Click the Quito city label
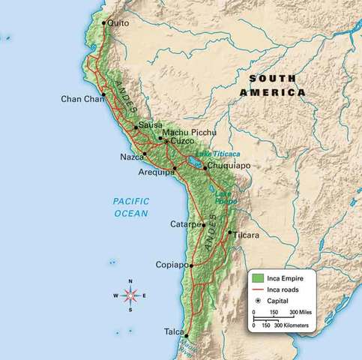[118, 23]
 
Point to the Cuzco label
[183, 141]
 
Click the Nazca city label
[131, 157]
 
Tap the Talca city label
[173, 331]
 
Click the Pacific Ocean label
[131, 207]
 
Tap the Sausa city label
[150, 124]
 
